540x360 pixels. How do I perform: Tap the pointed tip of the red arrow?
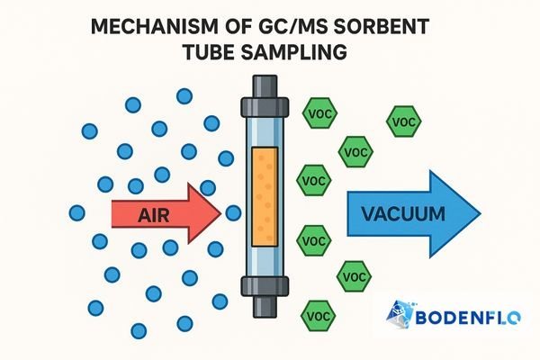220,213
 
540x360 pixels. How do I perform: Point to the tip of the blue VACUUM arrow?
481,213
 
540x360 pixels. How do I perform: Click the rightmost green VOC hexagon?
402,121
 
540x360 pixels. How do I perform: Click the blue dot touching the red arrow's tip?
233,213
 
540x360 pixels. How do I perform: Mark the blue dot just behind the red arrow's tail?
76,213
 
